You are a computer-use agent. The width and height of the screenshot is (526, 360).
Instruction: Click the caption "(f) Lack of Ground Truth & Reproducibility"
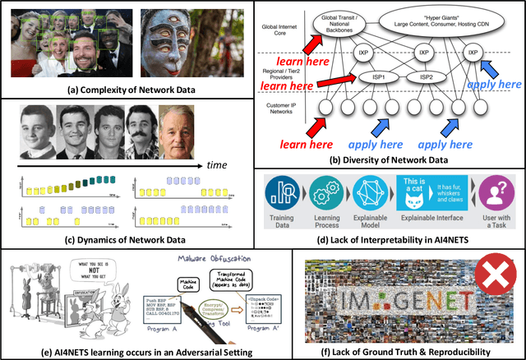(x=394, y=349)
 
